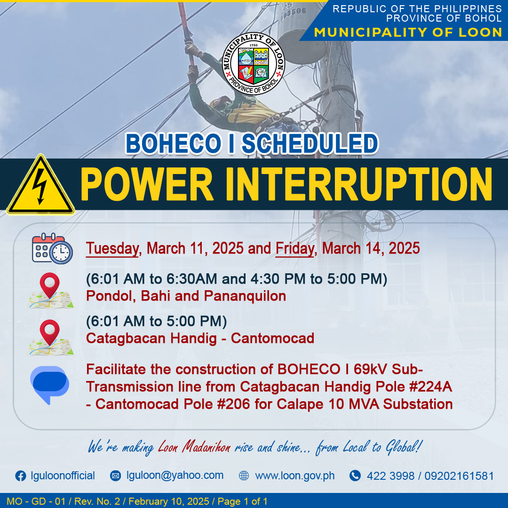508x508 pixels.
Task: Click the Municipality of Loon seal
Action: click(x=254, y=63)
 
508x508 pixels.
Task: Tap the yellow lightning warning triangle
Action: click(x=40, y=186)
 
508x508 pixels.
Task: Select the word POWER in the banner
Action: click(x=147, y=184)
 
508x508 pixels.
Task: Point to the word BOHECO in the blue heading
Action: click(x=173, y=143)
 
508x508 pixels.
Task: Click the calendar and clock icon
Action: click(x=52, y=248)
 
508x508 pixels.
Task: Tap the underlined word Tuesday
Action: click(x=112, y=249)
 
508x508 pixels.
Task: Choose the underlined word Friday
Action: click(x=295, y=249)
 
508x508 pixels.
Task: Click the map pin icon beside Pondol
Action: click(x=50, y=290)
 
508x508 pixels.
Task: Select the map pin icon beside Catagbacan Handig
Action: click(x=50, y=337)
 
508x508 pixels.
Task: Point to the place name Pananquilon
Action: click(x=245, y=296)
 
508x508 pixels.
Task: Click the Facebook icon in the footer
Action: click(x=21, y=476)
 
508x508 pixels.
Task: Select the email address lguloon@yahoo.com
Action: click(x=175, y=475)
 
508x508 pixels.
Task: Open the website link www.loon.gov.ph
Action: click(x=295, y=476)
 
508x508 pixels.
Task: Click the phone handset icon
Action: click(x=355, y=476)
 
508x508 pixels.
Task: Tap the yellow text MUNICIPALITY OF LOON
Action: click(x=408, y=32)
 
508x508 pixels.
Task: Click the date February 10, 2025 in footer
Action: click(x=169, y=501)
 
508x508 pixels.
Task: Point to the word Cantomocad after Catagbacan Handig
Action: click(x=272, y=338)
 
